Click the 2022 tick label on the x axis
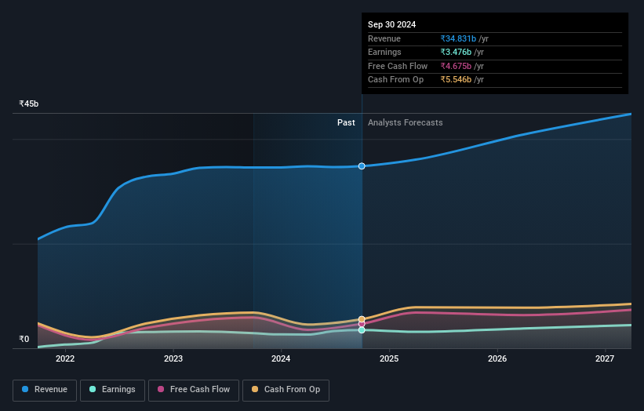pyautogui.click(x=65, y=359)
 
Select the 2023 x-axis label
pyautogui.click(x=173, y=359)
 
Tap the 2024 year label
pyautogui.click(x=281, y=359)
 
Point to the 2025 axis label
pyautogui.click(x=389, y=359)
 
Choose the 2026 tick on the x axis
pyautogui.click(x=497, y=359)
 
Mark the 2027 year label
pyautogui.click(x=605, y=359)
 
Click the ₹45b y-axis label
pyautogui.click(x=29, y=104)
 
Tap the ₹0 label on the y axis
pyautogui.click(x=24, y=340)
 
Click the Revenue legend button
pyautogui.click(x=45, y=390)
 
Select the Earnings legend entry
pyautogui.click(x=112, y=390)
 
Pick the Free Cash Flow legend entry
pyautogui.click(x=194, y=390)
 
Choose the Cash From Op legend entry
pyautogui.click(x=286, y=390)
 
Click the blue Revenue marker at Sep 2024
pyautogui.click(x=362, y=166)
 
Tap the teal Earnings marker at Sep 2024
pyautogui.click(x=362, y=330)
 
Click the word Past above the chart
pyautogui.click(x=346, y=123)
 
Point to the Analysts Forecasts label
pyautogui.click(x=405, y=123)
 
